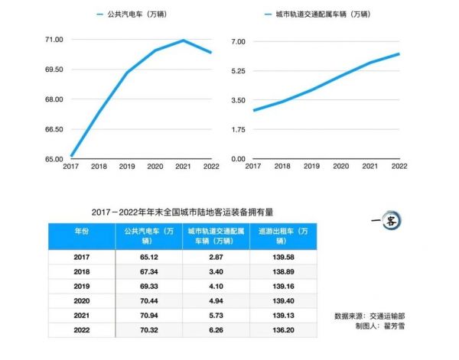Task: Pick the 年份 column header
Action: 81,231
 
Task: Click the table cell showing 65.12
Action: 149,258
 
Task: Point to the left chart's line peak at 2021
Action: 184,40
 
